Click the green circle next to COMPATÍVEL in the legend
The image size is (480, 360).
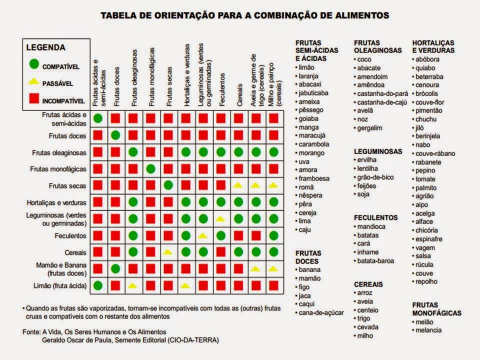(x=33, y=64)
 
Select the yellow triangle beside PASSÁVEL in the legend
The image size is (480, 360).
(x=33, y=81)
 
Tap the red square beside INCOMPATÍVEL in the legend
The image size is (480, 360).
(x=33, y=99)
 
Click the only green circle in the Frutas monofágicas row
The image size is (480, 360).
(x=150, y=168)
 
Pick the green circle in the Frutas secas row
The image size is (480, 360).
(x=168, y=185)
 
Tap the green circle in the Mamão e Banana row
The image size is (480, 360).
(x=115, y=269)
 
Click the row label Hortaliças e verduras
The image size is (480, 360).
(x=56, y=203)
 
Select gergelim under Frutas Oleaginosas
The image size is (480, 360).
(x=369, y=128)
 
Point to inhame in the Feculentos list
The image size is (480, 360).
(x=368, y=252)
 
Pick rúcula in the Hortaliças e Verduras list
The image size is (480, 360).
(x=424, y=264)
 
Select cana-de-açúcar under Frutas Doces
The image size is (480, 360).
(x=321, y=312)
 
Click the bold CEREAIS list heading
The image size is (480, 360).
(x=368, y=284)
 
